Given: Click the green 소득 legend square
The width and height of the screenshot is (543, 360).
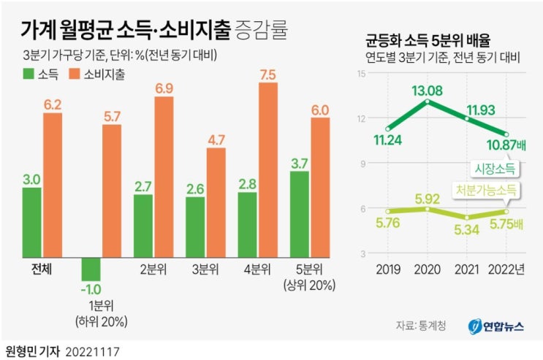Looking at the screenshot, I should coord(29,74).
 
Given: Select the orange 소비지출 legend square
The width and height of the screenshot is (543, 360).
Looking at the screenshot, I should coord(74,74).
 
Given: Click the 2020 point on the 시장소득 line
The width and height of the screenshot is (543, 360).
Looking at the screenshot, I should coord(427,101).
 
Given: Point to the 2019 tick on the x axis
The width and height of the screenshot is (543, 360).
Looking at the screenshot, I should coord(387,269).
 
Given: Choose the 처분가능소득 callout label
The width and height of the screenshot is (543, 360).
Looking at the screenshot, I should coord(485,190).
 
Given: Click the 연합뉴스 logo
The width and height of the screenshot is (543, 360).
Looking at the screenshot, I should coord(496,326).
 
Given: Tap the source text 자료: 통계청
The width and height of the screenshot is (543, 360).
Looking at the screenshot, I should coord(420,326).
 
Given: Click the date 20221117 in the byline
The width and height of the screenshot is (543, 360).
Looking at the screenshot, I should coord(92,351).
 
